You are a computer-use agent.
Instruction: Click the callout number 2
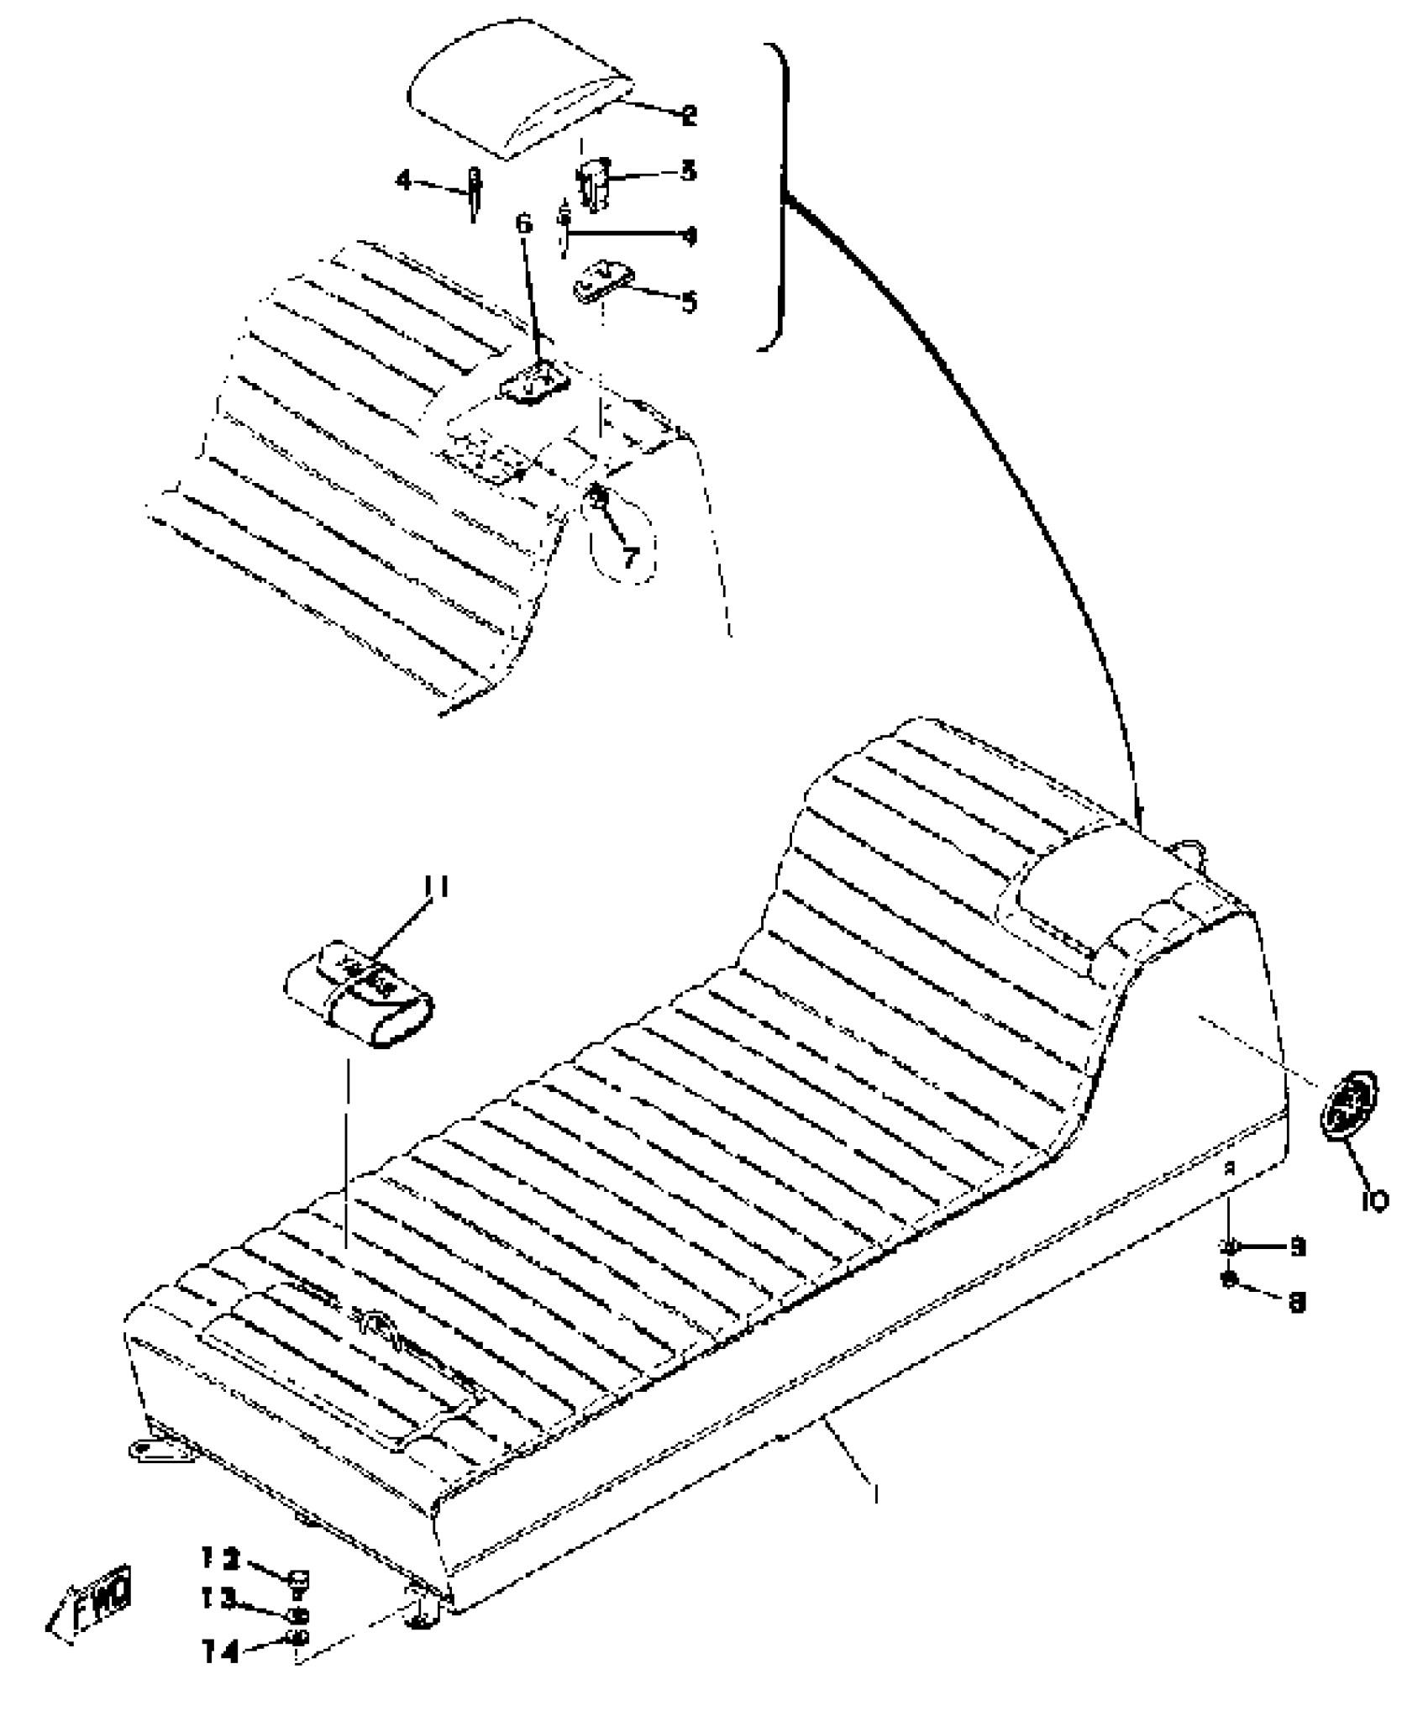point(689,114)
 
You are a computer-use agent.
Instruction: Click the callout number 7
point(630,555)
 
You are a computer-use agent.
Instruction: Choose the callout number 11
point(436,887)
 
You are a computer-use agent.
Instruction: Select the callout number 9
point(1298,1247)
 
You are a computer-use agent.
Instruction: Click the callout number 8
point(1298,1302)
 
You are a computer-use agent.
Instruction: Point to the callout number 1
point(876,1493)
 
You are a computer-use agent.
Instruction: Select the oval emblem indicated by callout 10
point(1349,1103)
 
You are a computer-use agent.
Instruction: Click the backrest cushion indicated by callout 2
point(517,88)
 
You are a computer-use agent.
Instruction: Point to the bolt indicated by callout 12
point(297,1580)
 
